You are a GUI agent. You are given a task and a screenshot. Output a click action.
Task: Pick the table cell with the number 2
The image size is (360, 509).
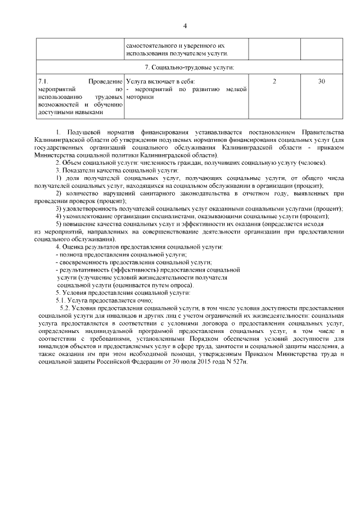274,82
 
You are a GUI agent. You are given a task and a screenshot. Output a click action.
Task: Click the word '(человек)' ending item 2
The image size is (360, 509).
312,163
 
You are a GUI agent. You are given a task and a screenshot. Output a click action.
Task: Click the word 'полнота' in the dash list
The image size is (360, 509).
71,255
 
